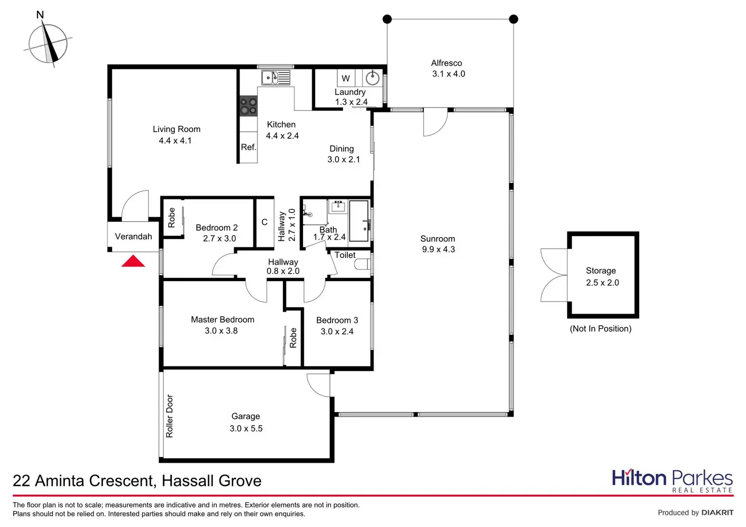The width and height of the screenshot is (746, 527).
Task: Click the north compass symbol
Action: (48, 44)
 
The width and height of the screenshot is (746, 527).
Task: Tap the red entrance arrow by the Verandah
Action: (133, 261)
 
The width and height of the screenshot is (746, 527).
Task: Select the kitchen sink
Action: (276, 78)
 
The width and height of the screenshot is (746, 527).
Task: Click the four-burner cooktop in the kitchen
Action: (248, 106)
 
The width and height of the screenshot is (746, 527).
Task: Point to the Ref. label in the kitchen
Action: (248, 147)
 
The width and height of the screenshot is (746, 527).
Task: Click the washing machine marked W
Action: (346, 79)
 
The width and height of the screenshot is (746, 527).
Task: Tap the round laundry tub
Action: (372, 78)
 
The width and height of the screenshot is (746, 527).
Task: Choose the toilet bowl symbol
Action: (363, 264)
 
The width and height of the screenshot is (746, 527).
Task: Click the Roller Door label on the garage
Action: (170, 416)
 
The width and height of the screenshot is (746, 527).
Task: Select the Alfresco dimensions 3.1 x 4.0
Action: (449, 74)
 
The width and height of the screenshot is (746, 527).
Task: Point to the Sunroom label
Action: (437, 239)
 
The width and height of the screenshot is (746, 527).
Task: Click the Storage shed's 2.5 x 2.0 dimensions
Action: (603, 283)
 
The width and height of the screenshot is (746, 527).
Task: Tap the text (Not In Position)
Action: (601, 329)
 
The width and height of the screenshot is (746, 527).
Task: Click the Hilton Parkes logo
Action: (672, 480)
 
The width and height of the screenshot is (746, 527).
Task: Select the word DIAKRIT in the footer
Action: (717, 513)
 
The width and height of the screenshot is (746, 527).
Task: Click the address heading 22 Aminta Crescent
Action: (137, 481)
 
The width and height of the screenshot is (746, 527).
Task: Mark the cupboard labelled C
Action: (264, 222)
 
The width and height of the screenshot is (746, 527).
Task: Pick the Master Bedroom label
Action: (222, 320)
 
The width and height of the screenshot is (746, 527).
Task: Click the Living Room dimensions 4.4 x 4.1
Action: (175, 141)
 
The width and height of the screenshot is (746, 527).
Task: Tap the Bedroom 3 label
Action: (337, 320)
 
